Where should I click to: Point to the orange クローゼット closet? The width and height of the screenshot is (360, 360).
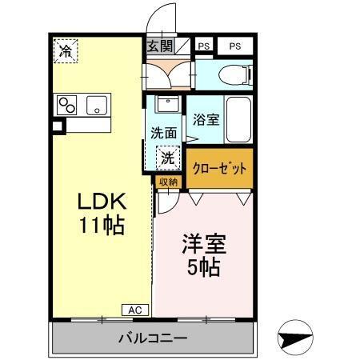pyautogui.click(x=219, y=169)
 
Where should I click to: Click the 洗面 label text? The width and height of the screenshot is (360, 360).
pyautogui.click(x=164, y=133)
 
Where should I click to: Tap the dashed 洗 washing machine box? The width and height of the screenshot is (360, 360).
pyautogui.click(x=166, y=158)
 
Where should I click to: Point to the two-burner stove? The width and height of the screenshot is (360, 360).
pyautogui.click(x=66, y=105)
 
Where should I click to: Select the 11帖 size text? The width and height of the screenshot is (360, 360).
pyautogui.click(x=101, y=226)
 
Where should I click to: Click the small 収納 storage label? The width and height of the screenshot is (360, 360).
pyautogui.click(x=167, y=182)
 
